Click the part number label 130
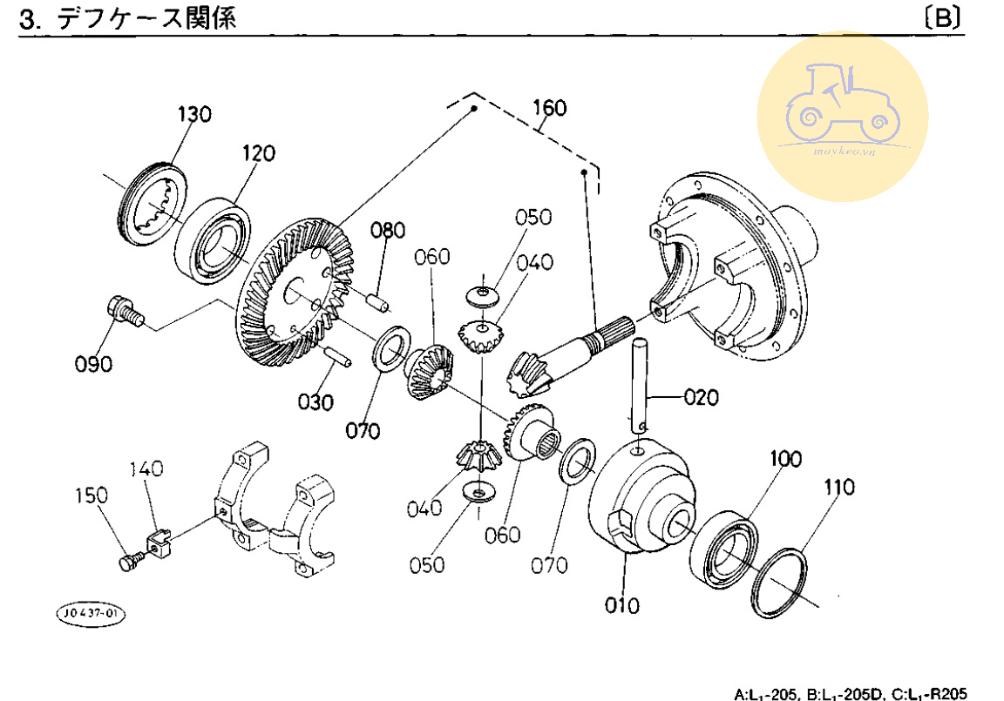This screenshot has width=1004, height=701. click(194, 115)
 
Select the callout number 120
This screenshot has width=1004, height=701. click(259, 154)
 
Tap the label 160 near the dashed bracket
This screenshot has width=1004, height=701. click(549, 108)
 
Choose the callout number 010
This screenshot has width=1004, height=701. click(622, 604)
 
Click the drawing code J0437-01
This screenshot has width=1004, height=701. click(91, 614)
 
